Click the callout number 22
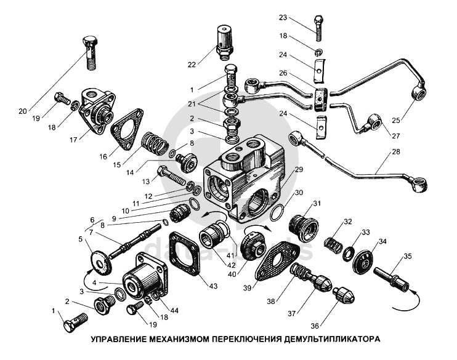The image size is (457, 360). click(192, 65)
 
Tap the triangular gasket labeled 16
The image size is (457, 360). click(127, 129)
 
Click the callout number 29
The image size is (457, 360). click(299, 169)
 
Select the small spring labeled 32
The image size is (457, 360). click(333, 246)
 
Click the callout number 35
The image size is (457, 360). click(408, 257)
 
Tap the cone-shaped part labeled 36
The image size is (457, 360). click(344, 295)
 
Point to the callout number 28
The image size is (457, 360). click(396, 152)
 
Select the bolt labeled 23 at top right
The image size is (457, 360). click(318, 29)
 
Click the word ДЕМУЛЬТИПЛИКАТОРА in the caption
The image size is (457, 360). click(332, 339)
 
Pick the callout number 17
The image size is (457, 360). click(73, 140)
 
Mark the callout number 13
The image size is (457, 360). click(146, 182)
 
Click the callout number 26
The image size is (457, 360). click(283, 73)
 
